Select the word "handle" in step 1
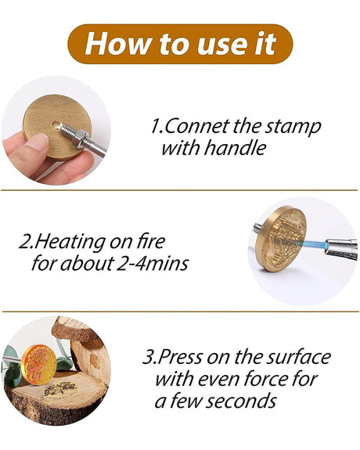point(236,148)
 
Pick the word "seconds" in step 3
point(241,401)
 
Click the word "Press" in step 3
point(181,357)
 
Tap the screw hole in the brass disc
point(56,124)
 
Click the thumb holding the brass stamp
point(32,147)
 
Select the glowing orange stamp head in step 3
point(39,365)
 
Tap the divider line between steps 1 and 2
point(179,190)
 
